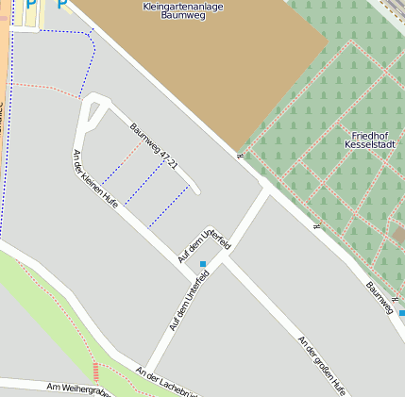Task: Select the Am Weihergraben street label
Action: point(79,389)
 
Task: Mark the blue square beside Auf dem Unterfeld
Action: point(203,264)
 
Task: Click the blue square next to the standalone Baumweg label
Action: point(401,312)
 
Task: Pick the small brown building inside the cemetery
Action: point(399,234)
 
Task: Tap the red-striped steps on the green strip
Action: point(94,371)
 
